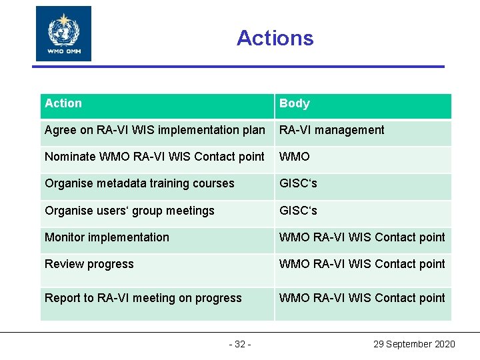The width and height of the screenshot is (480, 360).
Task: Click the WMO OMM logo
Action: pyautogui.click(x=63, y=33)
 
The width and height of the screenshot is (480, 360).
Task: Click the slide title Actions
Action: pyautogui.click(x=275, y=38)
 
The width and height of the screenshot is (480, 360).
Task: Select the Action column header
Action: pyautogui.click(x=63, y=103)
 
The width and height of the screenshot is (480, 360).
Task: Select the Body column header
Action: pyautogui.click(x=295, y=103)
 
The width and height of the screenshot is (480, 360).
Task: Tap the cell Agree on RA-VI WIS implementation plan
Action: pyautogui.click(x=155, y=130)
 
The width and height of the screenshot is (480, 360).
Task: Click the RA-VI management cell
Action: pyautogui.click(x=332, y=130)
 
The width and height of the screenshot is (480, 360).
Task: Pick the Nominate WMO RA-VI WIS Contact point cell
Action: pyautogui.click(x=155, y=157)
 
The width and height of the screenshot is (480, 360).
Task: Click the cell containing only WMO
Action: pyautogui.click(x=295, y=157)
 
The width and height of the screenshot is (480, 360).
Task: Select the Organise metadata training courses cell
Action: pyautogui.click(x=140, y=183)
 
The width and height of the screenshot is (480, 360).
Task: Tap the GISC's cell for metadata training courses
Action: pyautogui.click(x=299, y=183)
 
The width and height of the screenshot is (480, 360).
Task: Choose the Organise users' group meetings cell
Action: pyautogui.click(x=130, y=211)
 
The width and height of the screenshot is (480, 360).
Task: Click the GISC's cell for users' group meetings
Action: pyautogui.click(x=299, y=211)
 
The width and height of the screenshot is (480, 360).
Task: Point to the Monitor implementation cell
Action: pyautogui.click(x=107, y=237)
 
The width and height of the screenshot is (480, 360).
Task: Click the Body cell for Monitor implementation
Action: pyautogui.click(x=362, y=237)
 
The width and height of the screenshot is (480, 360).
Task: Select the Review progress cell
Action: pyautogui.click(x=89, y=264)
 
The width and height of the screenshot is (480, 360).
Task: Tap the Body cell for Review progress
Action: pyautogui.click(x=362, y=264)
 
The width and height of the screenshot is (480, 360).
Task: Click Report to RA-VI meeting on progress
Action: pyautogui.click(x=143, y=298)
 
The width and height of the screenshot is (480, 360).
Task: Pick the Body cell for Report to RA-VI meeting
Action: pyautogui.click(x=362, y=298)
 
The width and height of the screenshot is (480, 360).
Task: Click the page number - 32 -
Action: pyautogui.click(x=240, y=344)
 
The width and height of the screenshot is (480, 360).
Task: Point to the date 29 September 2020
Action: pyautogui.click(x=414, y=344)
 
